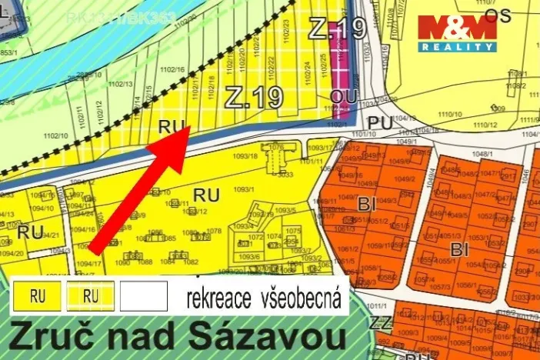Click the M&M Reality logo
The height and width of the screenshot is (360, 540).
point(457,32)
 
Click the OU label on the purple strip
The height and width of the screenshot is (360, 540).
point(339,95)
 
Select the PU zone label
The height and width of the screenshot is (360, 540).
point(380,122)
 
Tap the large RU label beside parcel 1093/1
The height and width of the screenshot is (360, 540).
point(205,195)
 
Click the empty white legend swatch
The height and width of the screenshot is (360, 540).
point(144,295)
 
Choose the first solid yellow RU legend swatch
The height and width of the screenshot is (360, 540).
point(37,295)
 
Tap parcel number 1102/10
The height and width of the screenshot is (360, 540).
point(55,135)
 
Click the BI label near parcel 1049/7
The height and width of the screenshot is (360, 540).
point(366,204)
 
